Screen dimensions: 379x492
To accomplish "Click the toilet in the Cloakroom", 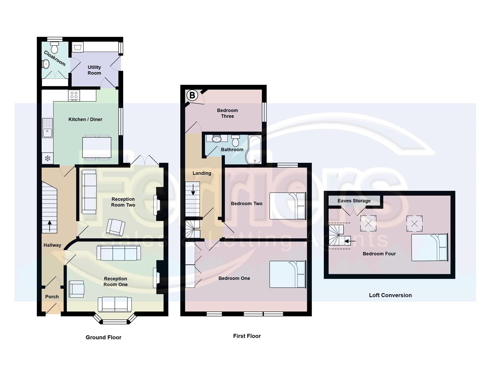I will point(54,47).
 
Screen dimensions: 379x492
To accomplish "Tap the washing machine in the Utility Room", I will point(77,47).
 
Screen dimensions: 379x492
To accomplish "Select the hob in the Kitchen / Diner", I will point(74,95).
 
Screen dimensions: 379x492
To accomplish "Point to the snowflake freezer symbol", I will point(47,159).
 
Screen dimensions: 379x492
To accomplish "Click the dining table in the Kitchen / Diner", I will point(97,148).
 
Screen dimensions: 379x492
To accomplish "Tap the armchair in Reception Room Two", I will point(115,227).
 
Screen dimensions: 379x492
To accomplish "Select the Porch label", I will point(52,297).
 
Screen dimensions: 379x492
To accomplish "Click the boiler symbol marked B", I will point(192,95).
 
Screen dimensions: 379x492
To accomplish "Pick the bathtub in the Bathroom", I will point(254,150).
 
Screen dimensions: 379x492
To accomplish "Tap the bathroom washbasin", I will point(217,139).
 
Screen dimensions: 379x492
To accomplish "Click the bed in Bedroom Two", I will point(288,206).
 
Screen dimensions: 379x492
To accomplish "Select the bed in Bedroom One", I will point(288,274).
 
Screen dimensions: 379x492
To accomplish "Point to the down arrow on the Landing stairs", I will point(193,190).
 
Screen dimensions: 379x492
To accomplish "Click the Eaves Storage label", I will point(354,201).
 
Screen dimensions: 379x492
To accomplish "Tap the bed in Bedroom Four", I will point(430,247).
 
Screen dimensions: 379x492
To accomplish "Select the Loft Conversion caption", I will point(390,295).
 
